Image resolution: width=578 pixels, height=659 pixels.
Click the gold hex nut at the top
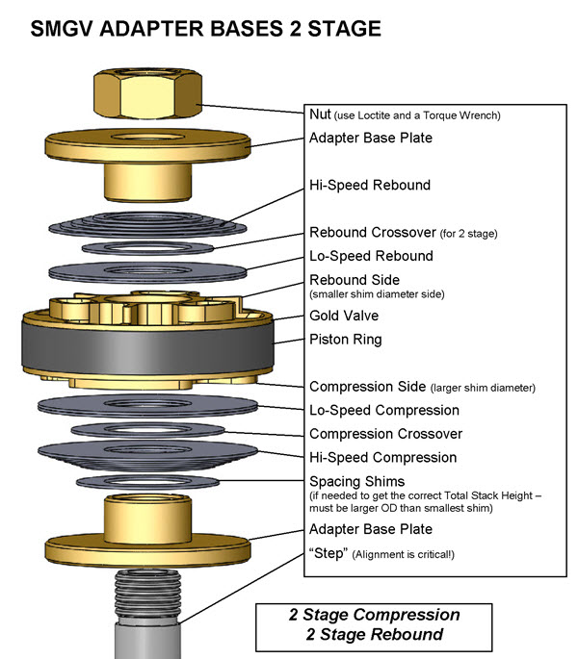(147, 93)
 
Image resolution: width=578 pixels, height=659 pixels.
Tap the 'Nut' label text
(320, 114)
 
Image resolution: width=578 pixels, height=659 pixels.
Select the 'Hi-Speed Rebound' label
(370, 185)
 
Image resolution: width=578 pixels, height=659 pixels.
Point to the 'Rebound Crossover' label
(373, 232)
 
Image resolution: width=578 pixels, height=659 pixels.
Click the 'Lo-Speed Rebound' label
(371, 256)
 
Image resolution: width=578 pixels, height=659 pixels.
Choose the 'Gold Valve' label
(344, 316)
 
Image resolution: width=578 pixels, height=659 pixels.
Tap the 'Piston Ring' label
(346, 340)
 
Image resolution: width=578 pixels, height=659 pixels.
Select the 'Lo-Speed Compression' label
(384, 410)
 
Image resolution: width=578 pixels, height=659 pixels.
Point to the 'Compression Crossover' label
(385, 434)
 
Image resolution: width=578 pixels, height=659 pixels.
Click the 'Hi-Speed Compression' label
(383, 457)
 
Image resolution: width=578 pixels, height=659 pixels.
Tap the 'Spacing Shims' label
(357, 481)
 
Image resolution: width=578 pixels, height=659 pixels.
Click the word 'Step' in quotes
(328, 553)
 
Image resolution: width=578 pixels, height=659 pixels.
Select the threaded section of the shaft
(147, 596)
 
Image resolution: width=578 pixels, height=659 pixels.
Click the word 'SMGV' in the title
(62, 29)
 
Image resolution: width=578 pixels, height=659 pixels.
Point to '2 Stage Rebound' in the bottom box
(374, 634)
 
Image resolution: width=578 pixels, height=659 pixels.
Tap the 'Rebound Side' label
(355, 280)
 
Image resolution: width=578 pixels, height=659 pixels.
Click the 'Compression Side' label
(368, 387)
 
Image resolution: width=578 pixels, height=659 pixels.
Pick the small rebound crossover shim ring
(147, 248)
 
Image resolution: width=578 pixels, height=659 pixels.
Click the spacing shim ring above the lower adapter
(147, 482)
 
